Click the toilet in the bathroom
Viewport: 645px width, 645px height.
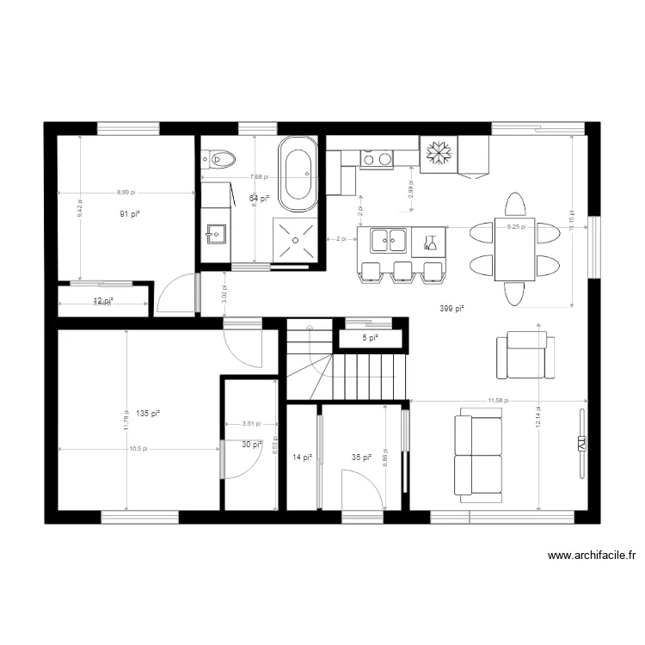220,158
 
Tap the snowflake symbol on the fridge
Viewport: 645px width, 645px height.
439,153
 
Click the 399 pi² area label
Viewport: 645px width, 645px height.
451,308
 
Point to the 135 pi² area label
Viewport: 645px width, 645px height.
149,413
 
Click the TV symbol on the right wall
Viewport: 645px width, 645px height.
581,444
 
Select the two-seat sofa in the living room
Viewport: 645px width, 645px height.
477,456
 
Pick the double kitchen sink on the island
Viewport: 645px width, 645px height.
388,240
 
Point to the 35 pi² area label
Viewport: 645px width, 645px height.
361,458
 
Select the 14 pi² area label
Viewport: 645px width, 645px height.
302,458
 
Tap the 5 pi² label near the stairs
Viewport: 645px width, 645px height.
370,338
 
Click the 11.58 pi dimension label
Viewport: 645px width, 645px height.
498,401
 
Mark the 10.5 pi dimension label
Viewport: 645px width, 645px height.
138,448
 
